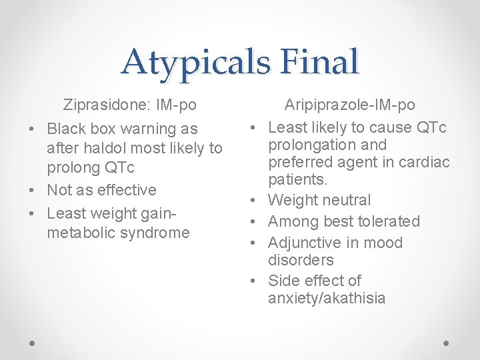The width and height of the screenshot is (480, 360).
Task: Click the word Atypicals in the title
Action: (195, 62)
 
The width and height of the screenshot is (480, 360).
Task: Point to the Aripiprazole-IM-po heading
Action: (349, 105)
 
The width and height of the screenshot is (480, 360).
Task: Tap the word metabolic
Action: (77, 233)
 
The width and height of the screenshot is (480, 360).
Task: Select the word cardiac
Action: (424, 162)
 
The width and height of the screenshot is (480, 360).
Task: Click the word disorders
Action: (300, 260)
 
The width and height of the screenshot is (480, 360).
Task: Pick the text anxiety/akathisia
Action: (327, 298)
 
